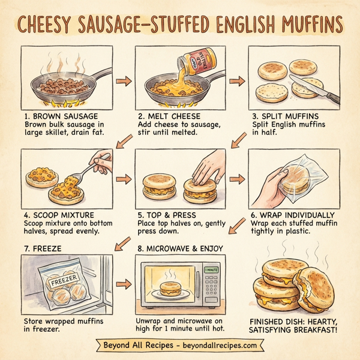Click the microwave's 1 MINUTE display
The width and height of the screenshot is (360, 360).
click(211, 270)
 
